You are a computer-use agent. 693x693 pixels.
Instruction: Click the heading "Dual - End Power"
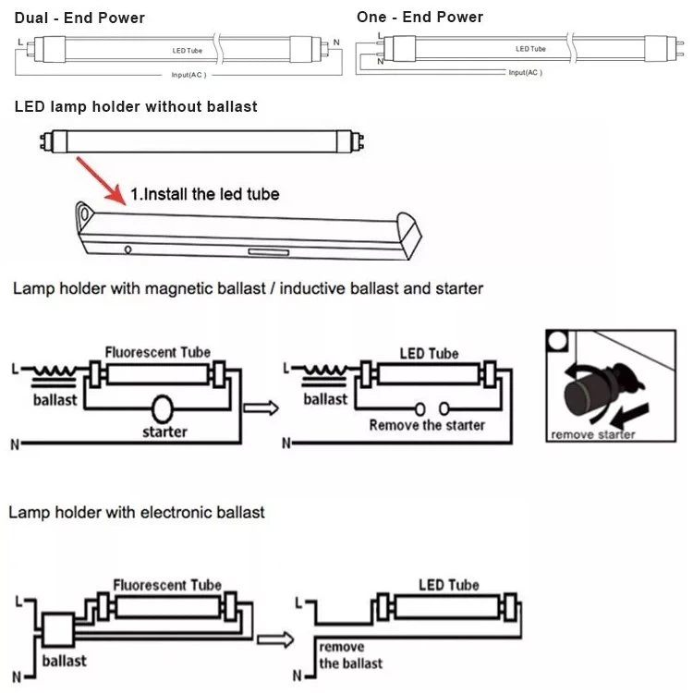tap(79, 18)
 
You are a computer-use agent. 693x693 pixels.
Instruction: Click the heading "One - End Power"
tap(419, 18)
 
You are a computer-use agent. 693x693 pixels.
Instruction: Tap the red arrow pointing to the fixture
tap(101, 178)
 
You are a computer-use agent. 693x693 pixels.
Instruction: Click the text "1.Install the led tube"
tap(204, 194)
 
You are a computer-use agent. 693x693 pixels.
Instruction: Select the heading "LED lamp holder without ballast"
tap(136, 107)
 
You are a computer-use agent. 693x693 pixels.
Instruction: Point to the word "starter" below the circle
tap(165, 432)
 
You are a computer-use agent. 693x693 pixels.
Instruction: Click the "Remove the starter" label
tap(427, 425)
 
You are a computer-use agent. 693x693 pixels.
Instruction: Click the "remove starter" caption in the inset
tap(592, 434)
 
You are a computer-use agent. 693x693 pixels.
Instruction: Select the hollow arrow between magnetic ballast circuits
tap(261, 407)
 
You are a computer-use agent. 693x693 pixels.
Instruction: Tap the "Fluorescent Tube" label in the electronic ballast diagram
tap(167, 585)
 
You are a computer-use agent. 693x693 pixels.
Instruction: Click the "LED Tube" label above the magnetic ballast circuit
tap(429, 354)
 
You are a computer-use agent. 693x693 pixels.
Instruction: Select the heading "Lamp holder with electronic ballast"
tap(136, 512)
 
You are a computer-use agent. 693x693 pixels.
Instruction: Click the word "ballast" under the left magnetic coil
tap(61, 400)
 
